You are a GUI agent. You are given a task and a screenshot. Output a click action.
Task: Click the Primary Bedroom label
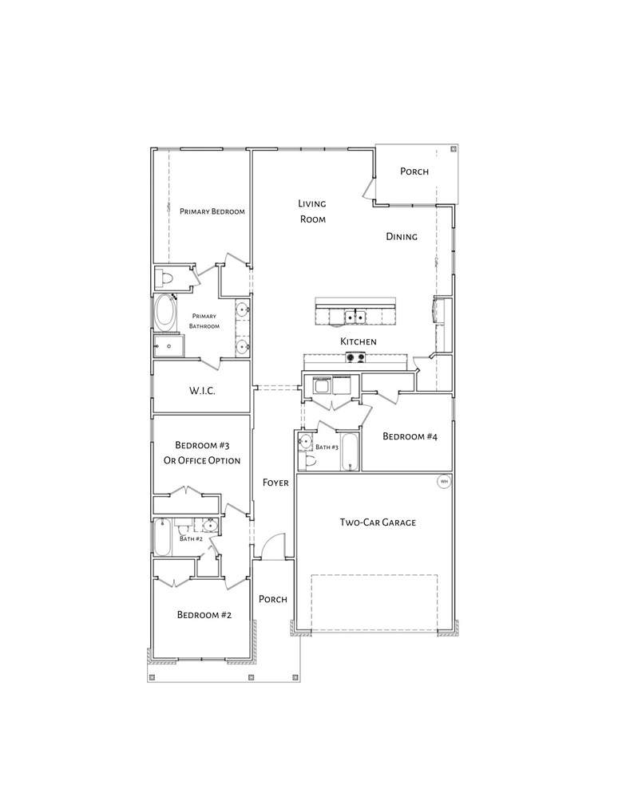(x=212, y=211)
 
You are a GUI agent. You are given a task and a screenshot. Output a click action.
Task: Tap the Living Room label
(x=312, y=211)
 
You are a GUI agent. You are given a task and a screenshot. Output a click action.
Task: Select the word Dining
(x=402, y=236)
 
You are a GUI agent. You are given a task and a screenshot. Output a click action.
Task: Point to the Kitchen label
(x=359, y=341)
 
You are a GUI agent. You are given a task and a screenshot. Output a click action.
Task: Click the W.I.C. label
(x=202, y=391)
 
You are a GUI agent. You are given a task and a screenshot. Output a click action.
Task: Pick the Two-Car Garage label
(x=378, y=522)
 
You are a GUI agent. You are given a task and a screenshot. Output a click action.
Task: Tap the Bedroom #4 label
(x=410, y=436)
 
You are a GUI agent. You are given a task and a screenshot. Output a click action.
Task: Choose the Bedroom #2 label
(x=204, y=615)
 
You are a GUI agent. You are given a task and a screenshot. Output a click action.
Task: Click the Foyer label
(x=275, y=483)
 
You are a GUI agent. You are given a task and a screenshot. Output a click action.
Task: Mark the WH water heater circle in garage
(x=444, y=482)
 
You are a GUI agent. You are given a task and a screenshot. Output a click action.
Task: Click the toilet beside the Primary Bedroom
(x=166, y=278)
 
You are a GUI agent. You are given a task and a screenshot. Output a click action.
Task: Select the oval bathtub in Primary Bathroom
(x=164, y=312)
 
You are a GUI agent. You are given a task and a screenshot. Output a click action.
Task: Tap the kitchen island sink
(x=355, y=317)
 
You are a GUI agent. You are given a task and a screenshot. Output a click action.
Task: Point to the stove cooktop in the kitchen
(x=355, y=357)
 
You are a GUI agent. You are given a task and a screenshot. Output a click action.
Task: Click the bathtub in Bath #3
(x=350, y=451)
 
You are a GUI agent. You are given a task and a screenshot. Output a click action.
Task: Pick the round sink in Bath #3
(x=306, y=441)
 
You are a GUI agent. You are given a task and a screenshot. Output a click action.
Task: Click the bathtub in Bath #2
(x=162, y=537)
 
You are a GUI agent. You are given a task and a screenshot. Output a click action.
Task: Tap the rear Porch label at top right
(x=414, y=171)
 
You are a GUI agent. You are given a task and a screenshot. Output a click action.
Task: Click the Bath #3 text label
(x=327, y=447)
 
